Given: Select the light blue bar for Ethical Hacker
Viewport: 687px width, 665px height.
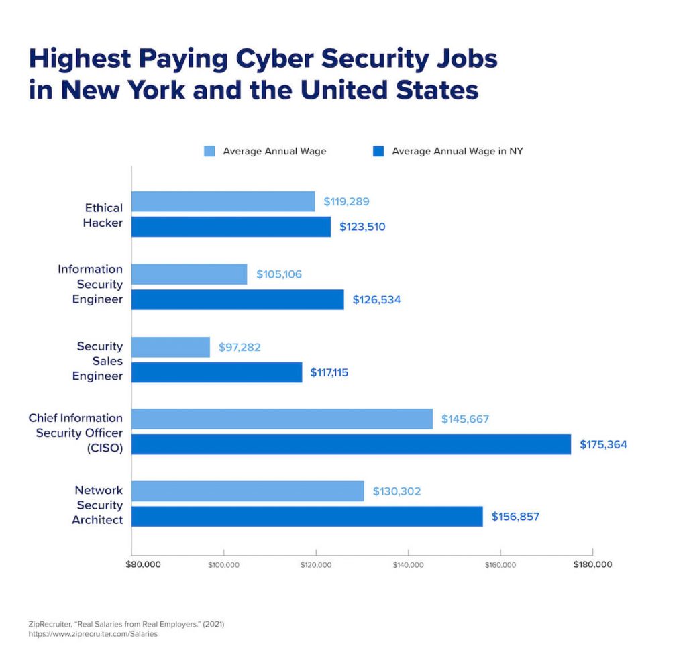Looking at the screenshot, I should point(223,201).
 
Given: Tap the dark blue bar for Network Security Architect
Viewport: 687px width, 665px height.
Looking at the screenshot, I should point(307,516).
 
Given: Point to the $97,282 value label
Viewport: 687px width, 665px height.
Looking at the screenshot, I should point(240,347).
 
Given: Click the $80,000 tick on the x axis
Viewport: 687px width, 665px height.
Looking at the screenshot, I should point(143,564).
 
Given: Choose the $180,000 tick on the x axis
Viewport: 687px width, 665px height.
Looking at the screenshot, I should point(592,564).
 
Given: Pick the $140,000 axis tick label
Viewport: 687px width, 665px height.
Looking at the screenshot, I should point(408,565).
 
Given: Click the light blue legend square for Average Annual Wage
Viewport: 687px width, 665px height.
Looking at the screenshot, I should point(210,151).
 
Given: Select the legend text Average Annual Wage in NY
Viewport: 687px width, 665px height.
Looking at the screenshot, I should point(457,151).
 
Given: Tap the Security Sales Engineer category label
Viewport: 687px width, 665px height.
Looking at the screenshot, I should point(98,361).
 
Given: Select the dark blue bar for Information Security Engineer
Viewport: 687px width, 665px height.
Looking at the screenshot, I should point(237,299).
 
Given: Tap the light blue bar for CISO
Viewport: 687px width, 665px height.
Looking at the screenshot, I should point(282,419).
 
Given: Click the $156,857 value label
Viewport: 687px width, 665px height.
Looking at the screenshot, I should point(515,517).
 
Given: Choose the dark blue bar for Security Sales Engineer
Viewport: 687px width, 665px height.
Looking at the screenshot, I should point(217,372).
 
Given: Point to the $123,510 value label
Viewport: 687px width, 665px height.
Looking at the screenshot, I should point(362,227).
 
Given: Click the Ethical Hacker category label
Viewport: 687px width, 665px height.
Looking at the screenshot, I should point(103,215).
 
